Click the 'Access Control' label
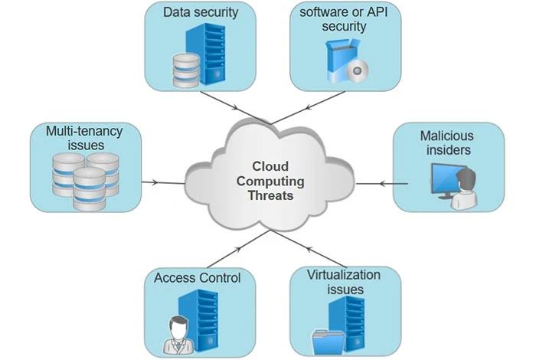(x=197, y=277)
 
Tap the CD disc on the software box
(x=355, y=72)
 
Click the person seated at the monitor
(x=468, y=191)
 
